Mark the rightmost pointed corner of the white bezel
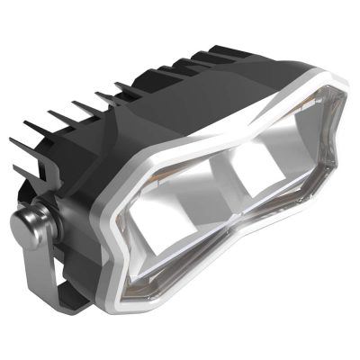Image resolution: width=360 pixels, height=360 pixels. click(351, 154)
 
